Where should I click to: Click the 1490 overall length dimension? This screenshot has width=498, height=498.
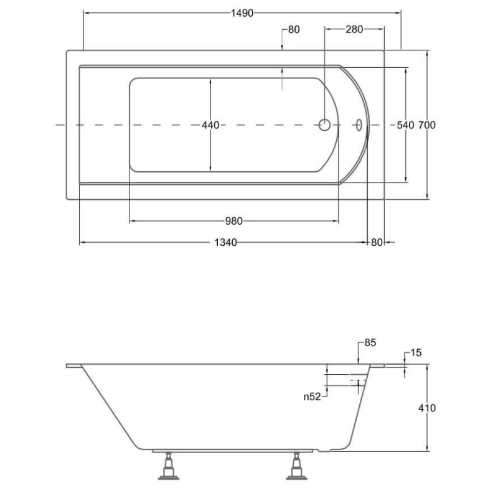click(242, 13)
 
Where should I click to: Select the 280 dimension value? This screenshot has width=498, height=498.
click(354, 29)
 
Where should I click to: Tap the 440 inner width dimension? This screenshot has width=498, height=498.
click(210, 125)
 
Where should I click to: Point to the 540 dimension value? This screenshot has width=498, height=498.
click(406, 125)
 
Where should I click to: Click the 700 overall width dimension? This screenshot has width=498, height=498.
click(426, 125)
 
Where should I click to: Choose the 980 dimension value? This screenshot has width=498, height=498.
click(234, 221)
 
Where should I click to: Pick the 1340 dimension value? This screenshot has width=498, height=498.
click(225, 243)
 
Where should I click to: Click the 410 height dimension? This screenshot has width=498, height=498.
click(427, 408)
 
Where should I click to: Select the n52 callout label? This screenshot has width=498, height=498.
click(312, 397)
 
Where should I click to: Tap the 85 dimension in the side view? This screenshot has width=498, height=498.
click(370, 343)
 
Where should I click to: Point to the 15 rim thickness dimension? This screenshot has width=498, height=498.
click(416, 353)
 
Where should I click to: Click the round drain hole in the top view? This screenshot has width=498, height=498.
click(324, 125)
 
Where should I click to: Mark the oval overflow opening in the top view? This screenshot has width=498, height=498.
click(359, 125)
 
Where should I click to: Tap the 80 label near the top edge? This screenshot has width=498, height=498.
click(294, 29)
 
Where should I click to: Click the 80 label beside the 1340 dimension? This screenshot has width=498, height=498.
click(377, 243)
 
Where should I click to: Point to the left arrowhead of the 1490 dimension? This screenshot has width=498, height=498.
click(87, 13)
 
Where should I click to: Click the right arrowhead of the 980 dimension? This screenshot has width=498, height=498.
click(336, 221)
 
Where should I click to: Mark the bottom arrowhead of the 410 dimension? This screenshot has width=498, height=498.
click(427, 448)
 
